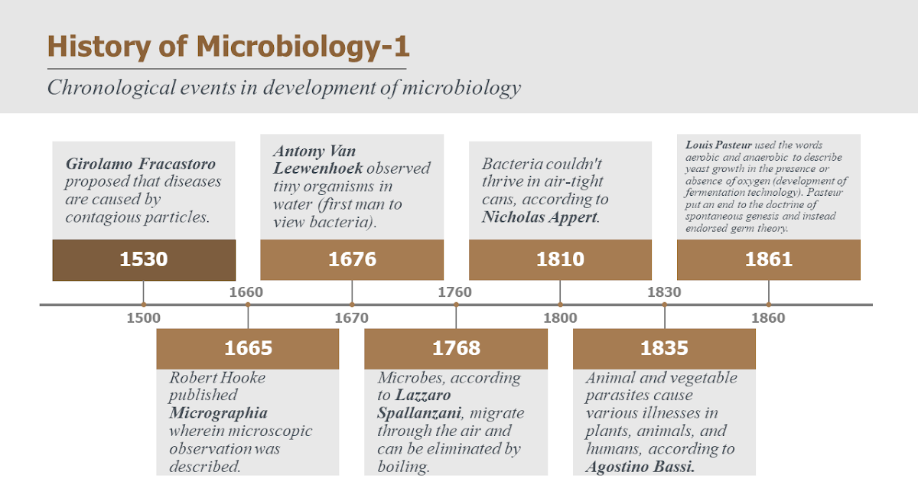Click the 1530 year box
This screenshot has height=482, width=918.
[x=144, y=259]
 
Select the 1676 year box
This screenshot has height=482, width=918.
[x=352, y=259]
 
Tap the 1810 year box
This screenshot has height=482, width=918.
[x=560, y=259]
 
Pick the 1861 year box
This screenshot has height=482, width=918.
[x=769, y=259]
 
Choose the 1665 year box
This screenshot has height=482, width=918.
[x=248, y=349]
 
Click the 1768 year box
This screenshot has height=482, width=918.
[x=456, y=349]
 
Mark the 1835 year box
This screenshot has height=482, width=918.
[x=664, y=349]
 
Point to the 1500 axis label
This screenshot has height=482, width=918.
[x=144, y=318]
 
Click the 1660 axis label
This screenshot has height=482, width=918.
[x=246, y=291]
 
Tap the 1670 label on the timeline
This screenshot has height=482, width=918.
[x=352, y=318]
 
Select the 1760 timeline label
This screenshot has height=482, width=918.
[x=454, y=291]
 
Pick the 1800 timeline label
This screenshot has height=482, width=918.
[x=560, y=318]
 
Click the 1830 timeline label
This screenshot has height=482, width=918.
[x=664, y=291]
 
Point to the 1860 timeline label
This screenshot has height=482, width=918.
[x=769, y=318]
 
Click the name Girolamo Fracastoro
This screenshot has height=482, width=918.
[x=141, y=164]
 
